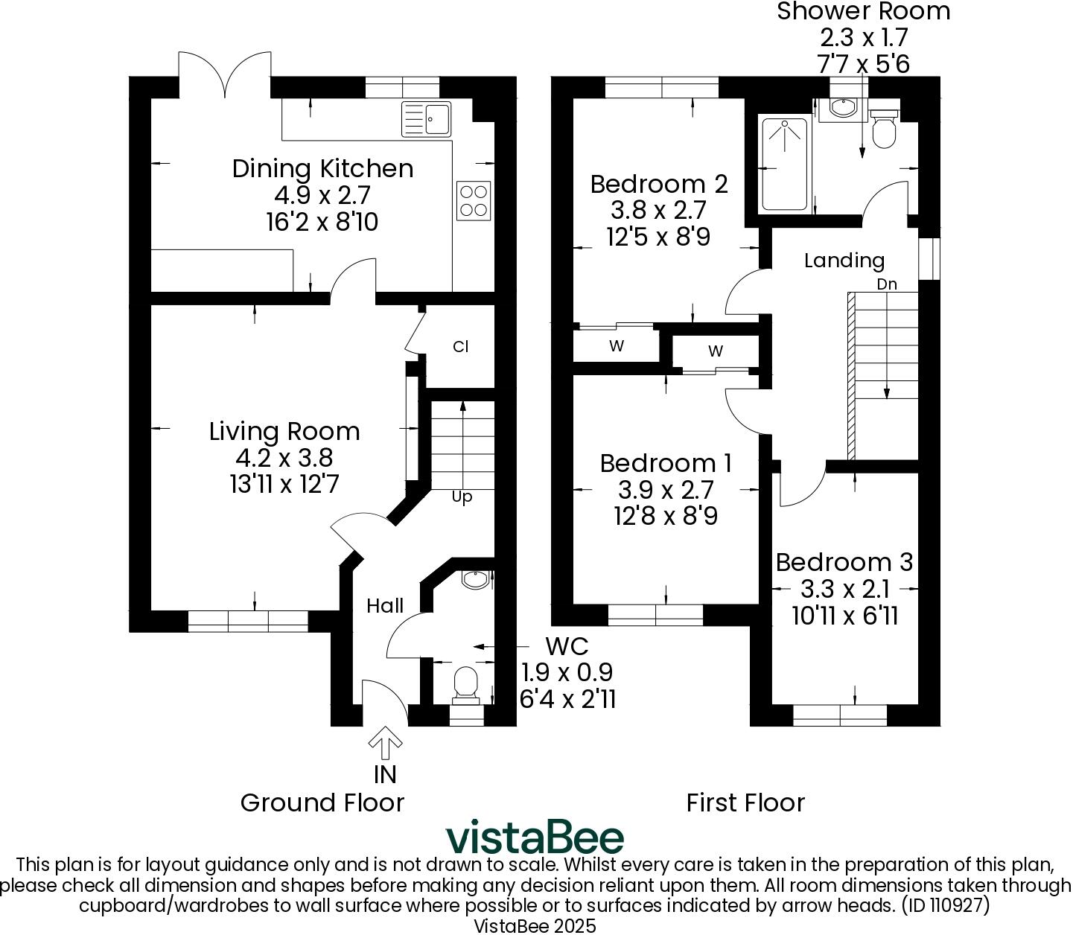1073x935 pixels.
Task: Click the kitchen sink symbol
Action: (x=427, y=119)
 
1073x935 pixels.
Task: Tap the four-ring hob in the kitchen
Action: (x=474, y=201)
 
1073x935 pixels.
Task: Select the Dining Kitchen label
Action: (x=322, y=169)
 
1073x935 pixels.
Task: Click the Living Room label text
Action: (x=284, y=432)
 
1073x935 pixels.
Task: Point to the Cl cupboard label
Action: (x=461, y=347)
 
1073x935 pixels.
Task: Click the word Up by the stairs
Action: (x=462, y=497)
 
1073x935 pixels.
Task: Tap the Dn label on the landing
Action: (x=886, y=284)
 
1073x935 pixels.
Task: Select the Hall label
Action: (x=385, y=606)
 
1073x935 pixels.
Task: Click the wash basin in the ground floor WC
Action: (x=474, y=580)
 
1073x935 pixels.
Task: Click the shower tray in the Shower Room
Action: (x=783, y=164)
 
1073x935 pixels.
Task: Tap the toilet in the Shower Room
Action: (x=884, y=130)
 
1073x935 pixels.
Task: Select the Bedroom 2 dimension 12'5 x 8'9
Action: (x=658, y=237)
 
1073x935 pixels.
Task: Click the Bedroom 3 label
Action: (x=844, y=562)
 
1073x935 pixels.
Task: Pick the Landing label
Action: (x=844, y=261)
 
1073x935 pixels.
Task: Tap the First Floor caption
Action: (x=745, y=803)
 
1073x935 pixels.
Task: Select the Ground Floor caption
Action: (x=322, y=803)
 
